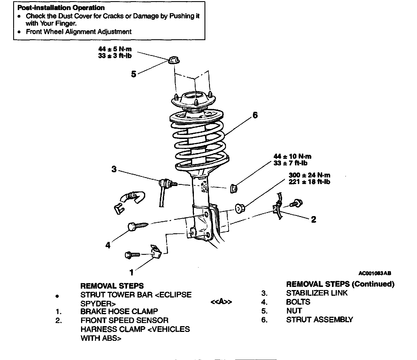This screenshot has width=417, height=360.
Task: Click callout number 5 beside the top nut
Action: (134, 74)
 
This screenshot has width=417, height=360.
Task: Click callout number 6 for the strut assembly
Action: (255, 115)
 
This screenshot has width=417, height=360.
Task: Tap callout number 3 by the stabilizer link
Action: (114, 169)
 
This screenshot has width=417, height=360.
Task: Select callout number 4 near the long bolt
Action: (108, 245)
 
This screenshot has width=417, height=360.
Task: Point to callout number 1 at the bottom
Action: (131, 272)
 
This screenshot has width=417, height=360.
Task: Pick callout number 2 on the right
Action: (314, 220)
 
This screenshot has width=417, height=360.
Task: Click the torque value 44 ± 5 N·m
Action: (115, 49)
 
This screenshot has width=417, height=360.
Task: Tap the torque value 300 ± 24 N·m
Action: (309, 175)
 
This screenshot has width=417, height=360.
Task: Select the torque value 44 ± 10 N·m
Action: (292, 156)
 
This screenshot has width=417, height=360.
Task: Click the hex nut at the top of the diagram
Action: (173, 60)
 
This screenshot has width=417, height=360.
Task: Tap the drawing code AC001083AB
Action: (375, 273)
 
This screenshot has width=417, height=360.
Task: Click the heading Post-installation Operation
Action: (61, 8)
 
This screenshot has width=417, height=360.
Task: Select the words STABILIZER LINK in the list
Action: (317, 293)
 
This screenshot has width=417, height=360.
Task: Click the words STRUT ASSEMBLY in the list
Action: (320, 320)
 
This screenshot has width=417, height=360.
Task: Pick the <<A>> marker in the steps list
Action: (221, 302)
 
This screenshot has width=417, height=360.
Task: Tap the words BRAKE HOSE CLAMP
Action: (119, 311)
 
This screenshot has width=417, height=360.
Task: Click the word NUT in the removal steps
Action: (294, 311)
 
